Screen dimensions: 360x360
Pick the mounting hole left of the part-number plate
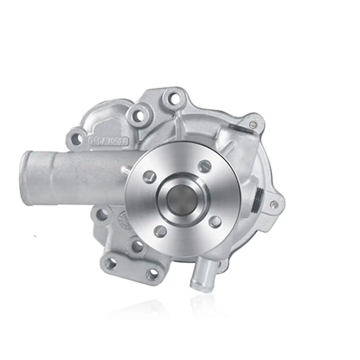tap(76, 137)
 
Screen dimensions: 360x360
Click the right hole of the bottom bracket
tap(155, 275)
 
